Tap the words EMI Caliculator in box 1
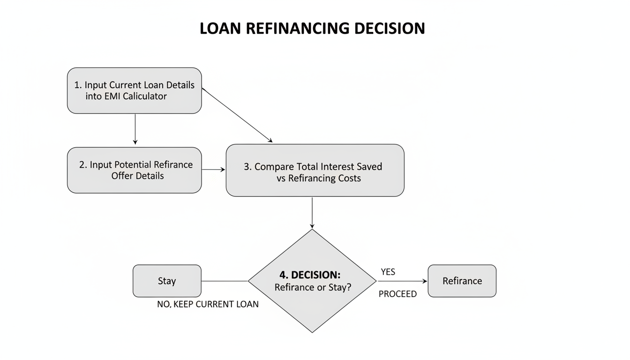point(138,96)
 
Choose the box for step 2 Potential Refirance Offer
point(135,170)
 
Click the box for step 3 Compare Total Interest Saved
point(315,170)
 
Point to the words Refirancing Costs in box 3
point(324,178)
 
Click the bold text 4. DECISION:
point(310,275)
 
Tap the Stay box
point(167,281)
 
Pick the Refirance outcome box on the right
point(462,281)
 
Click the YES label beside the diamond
point(388,272)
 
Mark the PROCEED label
point(397,294)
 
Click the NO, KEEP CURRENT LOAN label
point(208,304)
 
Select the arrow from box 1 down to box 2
point(135,129)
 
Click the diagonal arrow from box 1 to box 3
point(237,115)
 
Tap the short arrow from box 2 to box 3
point(213,169)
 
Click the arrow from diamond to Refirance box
point(402,281)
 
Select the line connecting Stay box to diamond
point(225,281)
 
